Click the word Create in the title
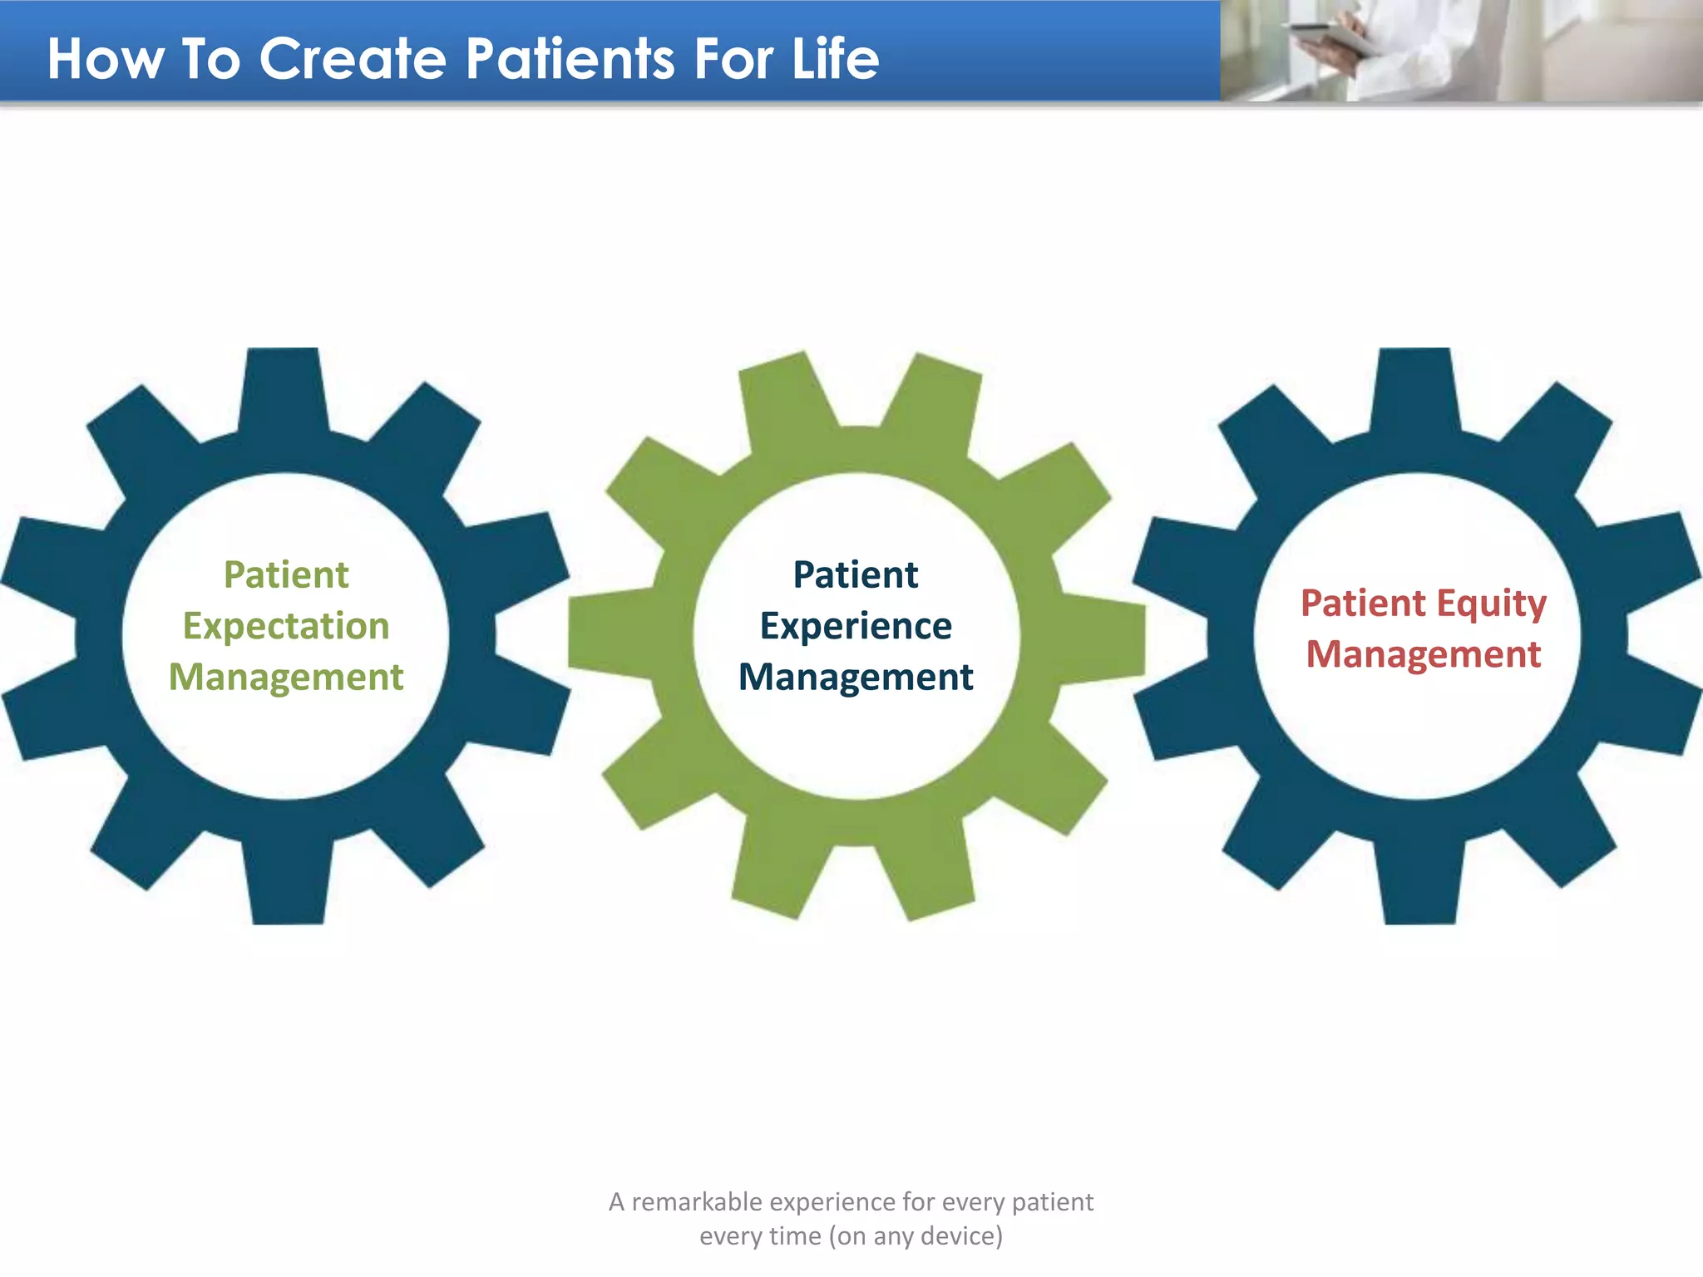(353, 59)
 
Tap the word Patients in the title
(570, 59)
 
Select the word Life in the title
(835, 59)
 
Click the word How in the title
(105, 59)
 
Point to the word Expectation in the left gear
(286, 626)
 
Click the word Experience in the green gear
(856, 626)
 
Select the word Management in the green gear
(856, 677)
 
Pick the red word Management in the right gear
(1424, 654)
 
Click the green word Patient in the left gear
(286, 574)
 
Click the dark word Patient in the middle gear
(856, 574)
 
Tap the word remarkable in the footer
(697, 1202)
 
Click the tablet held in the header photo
(1330, 37)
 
